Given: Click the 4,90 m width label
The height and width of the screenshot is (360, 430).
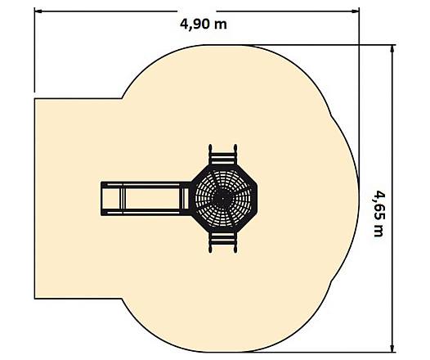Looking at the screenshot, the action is pyautogui.click(x=204, y=25).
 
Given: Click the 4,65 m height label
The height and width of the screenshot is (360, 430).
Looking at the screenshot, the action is pyautogui.click(x=379, y=214).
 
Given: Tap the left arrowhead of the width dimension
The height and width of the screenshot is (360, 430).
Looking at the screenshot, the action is pyautogui.click(x=38, y=11).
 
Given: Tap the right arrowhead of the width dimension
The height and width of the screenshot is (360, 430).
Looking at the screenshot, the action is pyautogui.click(x=356, y=11).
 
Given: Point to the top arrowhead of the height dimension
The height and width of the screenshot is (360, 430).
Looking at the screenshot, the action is pyautogui.click(x=393, y=49).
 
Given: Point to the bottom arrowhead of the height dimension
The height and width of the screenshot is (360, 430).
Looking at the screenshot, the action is pyautogui.click(x=393, y=348).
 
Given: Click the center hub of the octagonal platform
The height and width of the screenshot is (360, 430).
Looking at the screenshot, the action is pyautogui.click(x=223, y=198).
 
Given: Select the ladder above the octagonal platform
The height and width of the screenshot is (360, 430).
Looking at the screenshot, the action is pyautogui.click(x=223, y=155).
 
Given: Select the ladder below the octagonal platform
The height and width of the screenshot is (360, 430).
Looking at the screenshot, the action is pyautogui.click(x=223, y=242).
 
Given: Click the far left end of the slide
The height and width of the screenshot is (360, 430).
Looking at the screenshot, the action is pyautogui.click(x=101, y=198).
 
